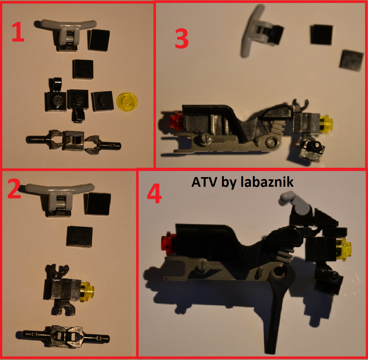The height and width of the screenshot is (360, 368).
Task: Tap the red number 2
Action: click(x=14, y=188)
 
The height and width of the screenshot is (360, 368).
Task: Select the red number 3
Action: click(x=182, y=38)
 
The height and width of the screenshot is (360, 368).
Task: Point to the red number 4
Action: click(x=154, y=193)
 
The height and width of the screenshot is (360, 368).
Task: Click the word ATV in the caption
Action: click(x=204, y=182)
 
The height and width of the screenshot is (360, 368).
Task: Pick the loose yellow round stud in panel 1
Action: click(x=127, y=102)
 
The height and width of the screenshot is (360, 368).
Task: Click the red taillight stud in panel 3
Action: click(x=176, y=120)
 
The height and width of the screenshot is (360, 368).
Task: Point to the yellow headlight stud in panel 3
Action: click(x=326, y=124)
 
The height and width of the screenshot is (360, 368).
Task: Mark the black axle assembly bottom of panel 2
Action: click(x=63, y=336)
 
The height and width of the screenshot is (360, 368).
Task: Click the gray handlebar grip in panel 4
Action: click(x=296, y=203)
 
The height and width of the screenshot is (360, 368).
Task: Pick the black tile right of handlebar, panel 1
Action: click(x=99, y=40)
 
